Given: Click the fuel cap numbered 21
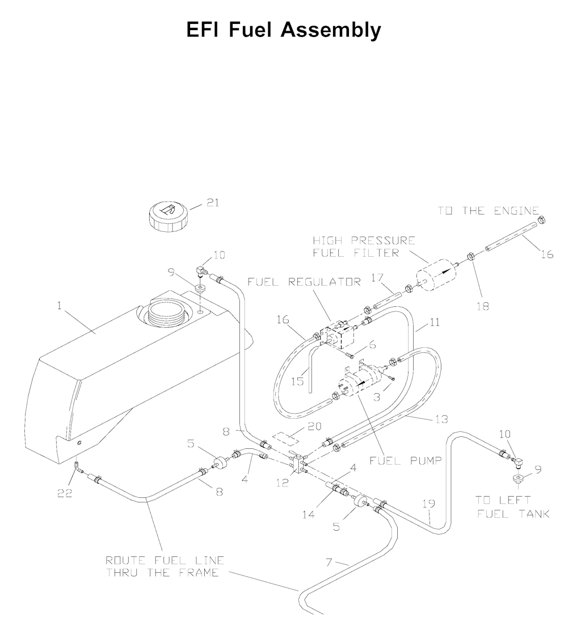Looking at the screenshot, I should [168, 216].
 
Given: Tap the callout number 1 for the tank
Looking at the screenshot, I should [59, 306].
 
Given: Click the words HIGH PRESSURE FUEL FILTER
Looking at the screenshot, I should [364, 247].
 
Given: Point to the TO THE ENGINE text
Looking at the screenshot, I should [488, 211].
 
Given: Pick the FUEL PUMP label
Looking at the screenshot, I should [406, 461].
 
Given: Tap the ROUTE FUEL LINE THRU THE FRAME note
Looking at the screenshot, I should [162, 567].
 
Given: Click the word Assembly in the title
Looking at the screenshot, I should [333, 30].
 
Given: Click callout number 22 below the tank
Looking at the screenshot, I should [65, 493].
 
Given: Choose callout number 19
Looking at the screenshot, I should [429, 503].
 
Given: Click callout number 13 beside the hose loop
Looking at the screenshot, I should [442, 419].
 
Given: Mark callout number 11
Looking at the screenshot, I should [435, 322].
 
